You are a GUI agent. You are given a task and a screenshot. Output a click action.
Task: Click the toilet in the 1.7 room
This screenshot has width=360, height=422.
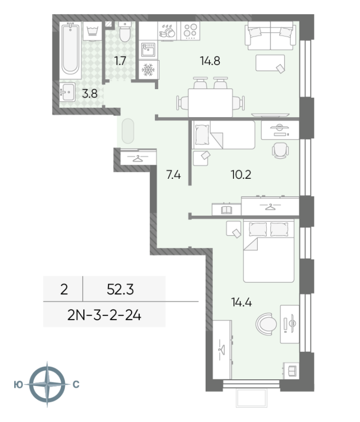pos(124,32)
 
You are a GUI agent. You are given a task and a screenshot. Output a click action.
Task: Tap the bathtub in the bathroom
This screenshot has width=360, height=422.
pos(70,50)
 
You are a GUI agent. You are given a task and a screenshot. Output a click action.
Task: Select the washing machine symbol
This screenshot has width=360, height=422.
pos(92,31)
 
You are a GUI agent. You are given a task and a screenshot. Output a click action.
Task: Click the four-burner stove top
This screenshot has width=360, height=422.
pos(190,31)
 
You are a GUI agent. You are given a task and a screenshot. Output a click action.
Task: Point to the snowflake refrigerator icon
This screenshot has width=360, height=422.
pos(149,70)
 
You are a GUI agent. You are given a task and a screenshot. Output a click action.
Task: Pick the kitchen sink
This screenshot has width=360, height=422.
pos(148,50)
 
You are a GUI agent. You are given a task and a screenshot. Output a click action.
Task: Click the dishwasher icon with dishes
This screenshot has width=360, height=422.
pos(167,31)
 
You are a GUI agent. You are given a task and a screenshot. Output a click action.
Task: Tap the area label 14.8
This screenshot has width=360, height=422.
pos(210,61)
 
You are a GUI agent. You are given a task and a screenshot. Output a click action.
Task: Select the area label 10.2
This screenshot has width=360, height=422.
pos(241,175)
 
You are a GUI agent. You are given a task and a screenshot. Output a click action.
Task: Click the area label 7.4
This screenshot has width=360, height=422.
pos(173,175)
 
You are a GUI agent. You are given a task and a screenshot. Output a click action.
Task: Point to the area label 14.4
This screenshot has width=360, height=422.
pos(241,302)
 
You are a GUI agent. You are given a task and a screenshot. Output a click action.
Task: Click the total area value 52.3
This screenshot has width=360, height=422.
pos(120,289)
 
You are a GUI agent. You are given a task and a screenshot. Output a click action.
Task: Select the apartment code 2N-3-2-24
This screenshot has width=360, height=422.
pos(104,315)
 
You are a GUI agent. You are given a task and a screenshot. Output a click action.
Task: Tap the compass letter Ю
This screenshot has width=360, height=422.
pos(18,385)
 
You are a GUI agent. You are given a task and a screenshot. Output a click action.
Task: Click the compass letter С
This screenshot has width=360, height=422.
pos(76,385)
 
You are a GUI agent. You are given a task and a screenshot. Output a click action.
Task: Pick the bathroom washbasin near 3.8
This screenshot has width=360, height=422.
pos(67,92)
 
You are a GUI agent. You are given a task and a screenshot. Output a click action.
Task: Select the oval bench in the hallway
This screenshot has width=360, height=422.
pos(128,131)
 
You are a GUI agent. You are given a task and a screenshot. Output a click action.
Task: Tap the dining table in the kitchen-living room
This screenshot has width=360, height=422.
pos(210,103)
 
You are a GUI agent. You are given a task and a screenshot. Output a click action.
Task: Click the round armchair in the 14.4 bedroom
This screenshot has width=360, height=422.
pos(266,324)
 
